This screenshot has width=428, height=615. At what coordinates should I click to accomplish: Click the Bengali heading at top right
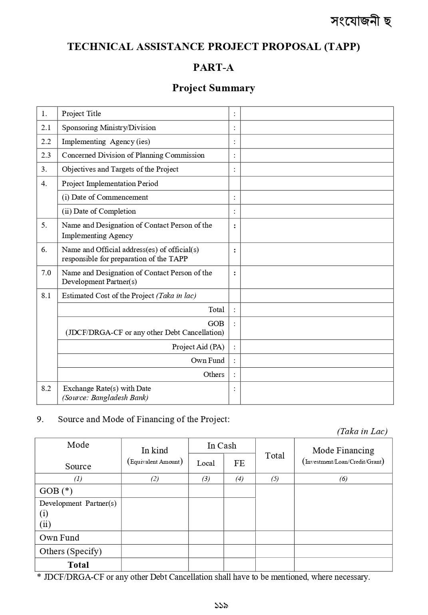point(361,21)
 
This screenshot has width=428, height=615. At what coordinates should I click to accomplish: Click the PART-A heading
point(213,67)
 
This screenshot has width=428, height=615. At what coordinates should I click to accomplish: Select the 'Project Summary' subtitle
point(213,88)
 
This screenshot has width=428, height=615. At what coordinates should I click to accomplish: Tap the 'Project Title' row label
point(82,114)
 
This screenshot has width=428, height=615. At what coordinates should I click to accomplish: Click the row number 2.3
point(46,155)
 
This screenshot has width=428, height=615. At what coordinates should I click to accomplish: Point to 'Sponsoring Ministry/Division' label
point(109,128)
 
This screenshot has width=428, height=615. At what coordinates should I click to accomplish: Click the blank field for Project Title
point(317,114)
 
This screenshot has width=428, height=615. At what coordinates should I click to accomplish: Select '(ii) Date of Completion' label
point(99,211)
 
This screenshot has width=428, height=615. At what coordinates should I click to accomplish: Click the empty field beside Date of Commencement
point(317,197)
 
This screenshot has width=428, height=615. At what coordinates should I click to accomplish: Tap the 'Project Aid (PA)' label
point(198,347)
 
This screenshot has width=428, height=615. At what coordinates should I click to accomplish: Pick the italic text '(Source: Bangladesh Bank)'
point(105,398)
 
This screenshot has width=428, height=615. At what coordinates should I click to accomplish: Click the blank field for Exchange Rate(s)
point(317,393)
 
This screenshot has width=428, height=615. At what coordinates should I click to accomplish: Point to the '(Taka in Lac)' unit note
point(362,431)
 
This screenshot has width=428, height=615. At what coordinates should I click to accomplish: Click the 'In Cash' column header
point(222,446)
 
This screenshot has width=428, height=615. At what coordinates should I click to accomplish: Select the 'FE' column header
point(239,463)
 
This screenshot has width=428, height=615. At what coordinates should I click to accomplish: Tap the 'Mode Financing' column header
point(343,451)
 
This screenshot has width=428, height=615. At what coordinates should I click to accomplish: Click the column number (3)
point(206,479)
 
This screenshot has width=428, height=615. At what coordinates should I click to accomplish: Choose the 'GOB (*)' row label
point(56,491)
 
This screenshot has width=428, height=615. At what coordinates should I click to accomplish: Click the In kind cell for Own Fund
point(155,538)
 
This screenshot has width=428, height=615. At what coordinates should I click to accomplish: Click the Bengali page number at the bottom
point(221,606)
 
